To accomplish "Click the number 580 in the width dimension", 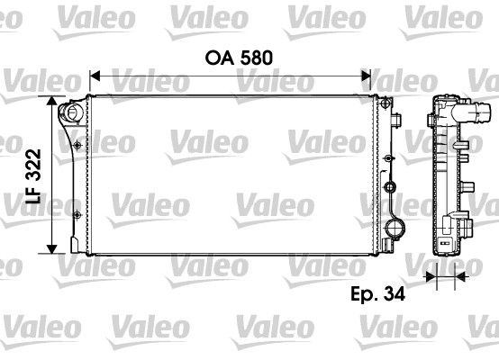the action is coord(256,58).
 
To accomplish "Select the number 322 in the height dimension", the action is coord(33,165).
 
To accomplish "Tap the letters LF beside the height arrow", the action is coord(33,194).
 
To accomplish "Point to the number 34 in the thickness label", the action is coord(394,293).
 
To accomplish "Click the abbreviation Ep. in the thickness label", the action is coord(365,294).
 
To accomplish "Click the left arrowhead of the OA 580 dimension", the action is coord(95,76).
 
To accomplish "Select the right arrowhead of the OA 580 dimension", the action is coord(366,76).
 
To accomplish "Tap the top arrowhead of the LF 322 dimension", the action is coord(51,101).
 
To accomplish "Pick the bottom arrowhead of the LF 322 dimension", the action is coord(51,249).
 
